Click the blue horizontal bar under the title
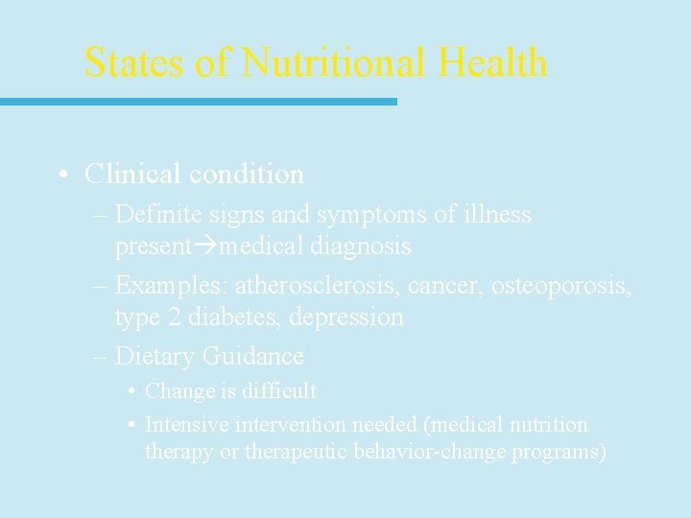tap(198, 102)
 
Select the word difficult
tap(278, 391)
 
